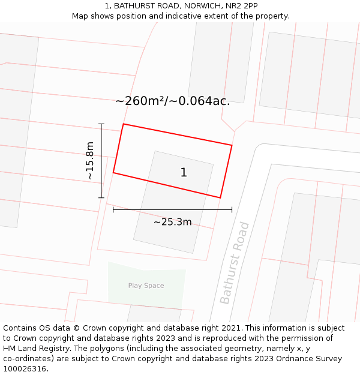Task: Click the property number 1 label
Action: (x=184, y=173)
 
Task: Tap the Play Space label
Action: (x=146, y=286)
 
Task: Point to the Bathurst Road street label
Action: (x=234, y=263)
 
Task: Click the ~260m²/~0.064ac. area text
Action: (x=172, y=101)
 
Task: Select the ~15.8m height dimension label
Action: (x=90, y=161)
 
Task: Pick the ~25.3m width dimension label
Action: (x=172, y=222)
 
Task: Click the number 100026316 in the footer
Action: (x=26, y=369)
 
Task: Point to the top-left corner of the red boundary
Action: (x=124, y=124)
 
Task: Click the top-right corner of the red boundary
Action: (x=232, y=145)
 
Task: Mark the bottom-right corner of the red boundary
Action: (x=220, y=197)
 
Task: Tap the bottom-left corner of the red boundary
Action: (x=113, y=173)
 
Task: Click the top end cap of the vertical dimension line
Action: (x=101, y=124)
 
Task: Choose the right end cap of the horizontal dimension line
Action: (x=232, y=209)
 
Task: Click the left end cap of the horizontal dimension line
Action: (x=113, y=209)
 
